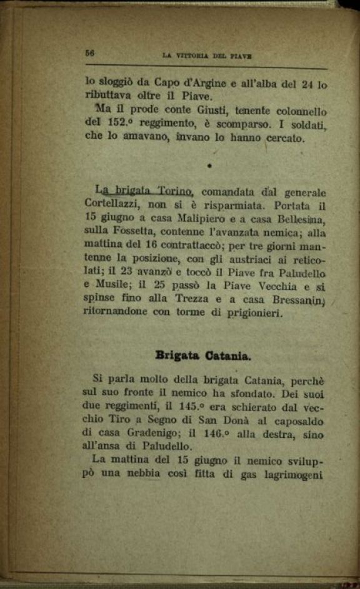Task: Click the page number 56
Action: point(90,53)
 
